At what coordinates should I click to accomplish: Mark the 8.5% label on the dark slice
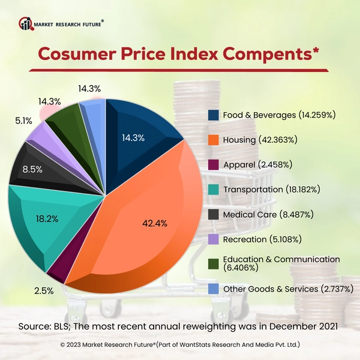(x=32, y=169)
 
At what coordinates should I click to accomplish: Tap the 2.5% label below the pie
(x=44, y=291)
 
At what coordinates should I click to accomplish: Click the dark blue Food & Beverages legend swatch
(x=213, y=115)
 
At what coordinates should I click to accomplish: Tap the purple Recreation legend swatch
(x=213, y=239)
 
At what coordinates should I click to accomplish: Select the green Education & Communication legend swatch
(x=213, y=264)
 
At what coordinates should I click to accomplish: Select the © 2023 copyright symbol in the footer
(x=63, y=345)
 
